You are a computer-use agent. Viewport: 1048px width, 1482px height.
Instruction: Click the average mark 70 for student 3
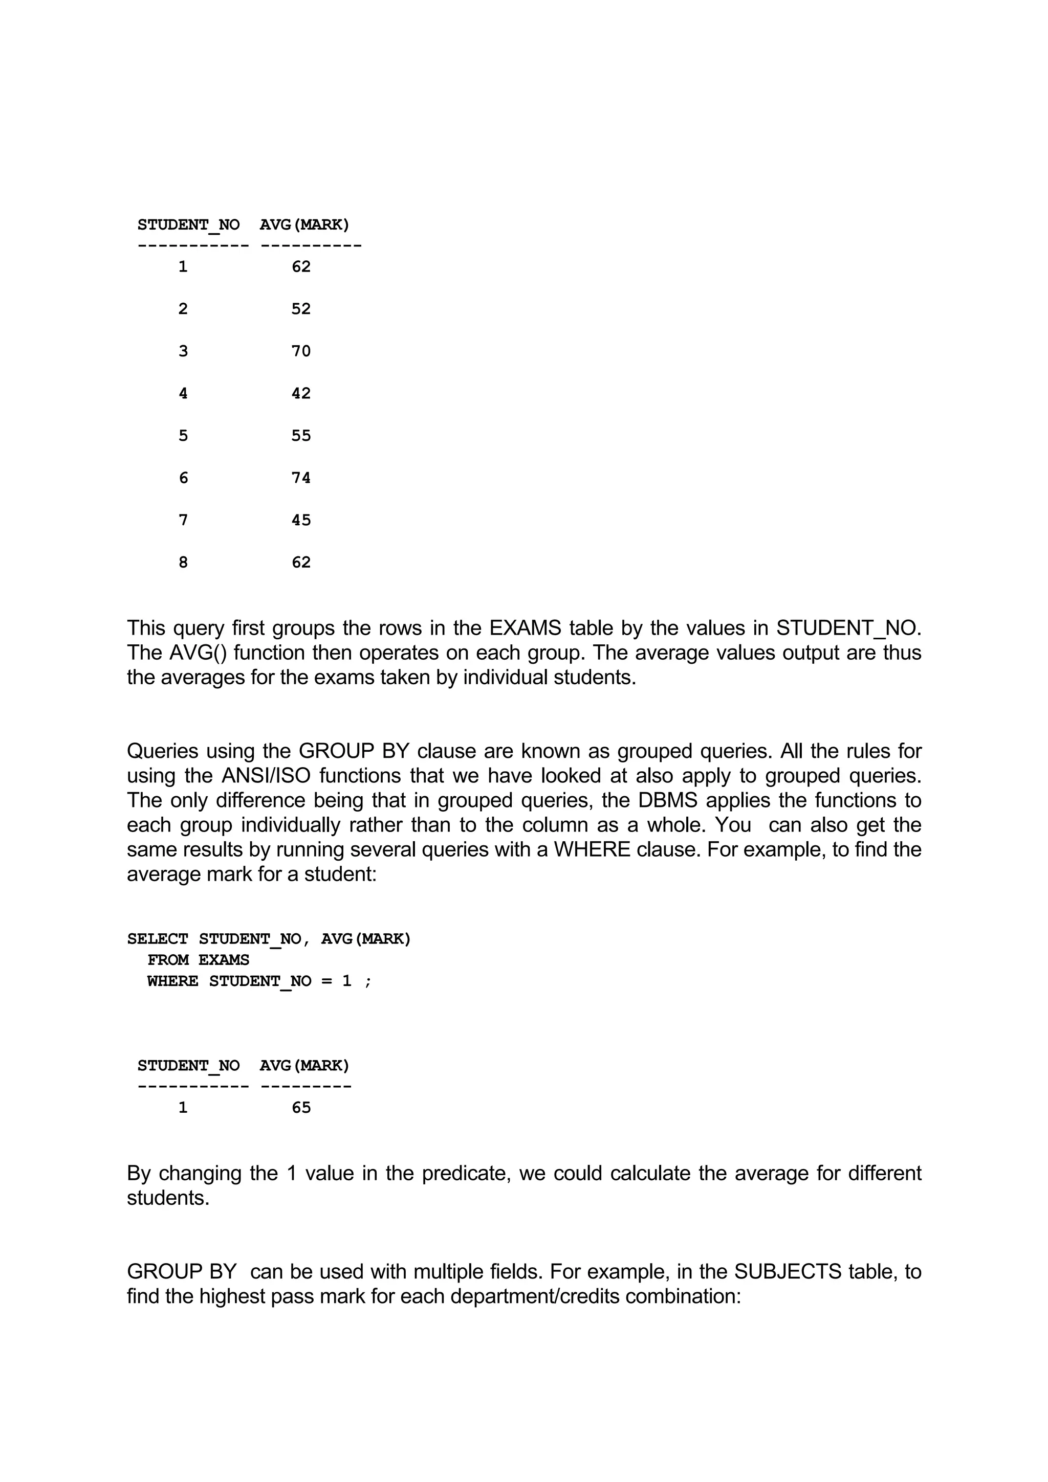point(301,351)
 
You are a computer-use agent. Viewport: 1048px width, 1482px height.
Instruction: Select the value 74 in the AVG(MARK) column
point(301,478)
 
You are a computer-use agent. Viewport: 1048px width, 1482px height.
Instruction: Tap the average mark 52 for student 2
point(301,308)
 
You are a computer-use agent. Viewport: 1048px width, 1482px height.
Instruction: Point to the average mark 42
point(301,393)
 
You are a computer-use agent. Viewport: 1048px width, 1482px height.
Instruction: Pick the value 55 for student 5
point(301,436)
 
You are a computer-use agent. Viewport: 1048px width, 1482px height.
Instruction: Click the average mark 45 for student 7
point(301,520)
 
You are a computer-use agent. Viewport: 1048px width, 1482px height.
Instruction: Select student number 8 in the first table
point(183,562)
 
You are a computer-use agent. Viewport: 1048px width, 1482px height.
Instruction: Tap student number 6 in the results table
point(183,478)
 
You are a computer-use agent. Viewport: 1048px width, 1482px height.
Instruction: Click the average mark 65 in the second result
point(301,1108)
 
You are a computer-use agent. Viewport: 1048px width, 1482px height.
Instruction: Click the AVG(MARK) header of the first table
point(304,224)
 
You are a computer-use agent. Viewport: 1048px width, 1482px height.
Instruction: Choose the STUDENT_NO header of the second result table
point(188,1065)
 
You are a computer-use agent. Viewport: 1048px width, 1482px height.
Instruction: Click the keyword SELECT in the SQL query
point(158,938)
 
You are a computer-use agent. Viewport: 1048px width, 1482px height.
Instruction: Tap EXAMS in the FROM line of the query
point(224,960)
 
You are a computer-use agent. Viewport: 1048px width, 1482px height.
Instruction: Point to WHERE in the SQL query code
point(172,981)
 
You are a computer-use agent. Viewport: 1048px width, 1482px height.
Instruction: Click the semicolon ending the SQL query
point(368,982)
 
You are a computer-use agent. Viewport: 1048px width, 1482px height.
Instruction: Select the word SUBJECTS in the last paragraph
point(788,1272)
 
